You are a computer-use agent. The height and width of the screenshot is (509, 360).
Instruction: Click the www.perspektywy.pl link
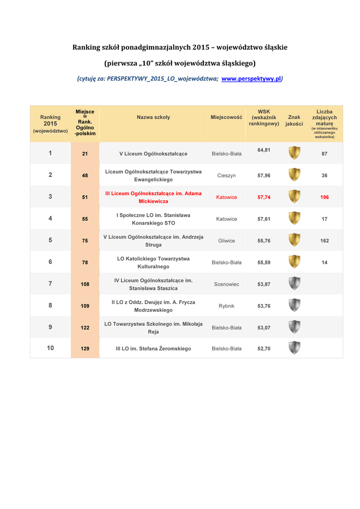251,79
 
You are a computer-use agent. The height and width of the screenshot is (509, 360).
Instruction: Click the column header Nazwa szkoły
153,117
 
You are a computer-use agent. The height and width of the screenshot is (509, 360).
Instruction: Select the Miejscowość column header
226,117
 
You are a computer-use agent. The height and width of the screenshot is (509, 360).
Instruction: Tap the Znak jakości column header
294,120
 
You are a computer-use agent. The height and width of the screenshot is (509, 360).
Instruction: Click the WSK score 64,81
264,150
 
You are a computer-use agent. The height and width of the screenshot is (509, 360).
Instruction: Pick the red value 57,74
264,197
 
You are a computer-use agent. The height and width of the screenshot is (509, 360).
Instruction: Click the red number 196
324,197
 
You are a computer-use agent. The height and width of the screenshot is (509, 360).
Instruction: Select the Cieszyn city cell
226,175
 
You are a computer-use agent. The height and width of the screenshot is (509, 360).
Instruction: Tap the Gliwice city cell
226,241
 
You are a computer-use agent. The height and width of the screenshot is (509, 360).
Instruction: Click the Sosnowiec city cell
226,284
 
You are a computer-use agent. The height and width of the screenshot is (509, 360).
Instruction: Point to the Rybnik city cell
226,306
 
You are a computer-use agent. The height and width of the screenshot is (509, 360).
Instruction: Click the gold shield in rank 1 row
294,153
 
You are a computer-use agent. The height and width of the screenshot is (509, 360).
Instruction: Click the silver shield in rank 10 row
294,347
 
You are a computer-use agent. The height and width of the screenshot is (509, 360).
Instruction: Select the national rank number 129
85,349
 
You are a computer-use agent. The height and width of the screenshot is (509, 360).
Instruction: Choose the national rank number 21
85,154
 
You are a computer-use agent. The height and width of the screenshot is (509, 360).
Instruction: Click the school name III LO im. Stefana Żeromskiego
153,349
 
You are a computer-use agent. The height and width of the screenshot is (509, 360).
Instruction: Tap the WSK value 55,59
264,262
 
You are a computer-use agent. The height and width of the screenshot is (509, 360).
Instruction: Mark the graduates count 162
324,241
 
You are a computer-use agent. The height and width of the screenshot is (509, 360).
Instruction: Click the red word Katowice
226,197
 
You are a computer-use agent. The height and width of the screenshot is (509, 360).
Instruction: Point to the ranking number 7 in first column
50,283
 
